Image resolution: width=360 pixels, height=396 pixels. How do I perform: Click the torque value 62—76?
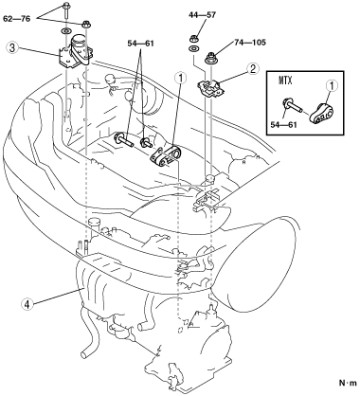(x=17, y=19)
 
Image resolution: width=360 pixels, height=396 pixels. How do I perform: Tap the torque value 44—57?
(x=203, y=15)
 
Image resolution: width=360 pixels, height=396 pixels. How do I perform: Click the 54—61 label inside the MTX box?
(x=283, y=124)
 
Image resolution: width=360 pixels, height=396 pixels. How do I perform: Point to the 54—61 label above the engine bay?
(x=140, y=44)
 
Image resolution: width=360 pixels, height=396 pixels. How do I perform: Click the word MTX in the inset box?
(x=285, y=81)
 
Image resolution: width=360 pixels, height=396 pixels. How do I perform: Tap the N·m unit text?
(x=348, y=383)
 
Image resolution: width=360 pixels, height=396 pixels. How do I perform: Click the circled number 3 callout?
(x=11, y=48)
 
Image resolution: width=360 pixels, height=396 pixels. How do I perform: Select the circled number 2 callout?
(x=253, y=68)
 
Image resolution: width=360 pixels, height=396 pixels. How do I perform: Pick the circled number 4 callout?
(x=27, y=304)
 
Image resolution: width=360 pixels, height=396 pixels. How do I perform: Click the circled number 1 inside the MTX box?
(x=332, y=85)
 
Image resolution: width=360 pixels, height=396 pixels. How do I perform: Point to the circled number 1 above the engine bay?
(x=181, y=79)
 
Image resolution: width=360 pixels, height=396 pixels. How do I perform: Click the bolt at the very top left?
(x=66, y=10)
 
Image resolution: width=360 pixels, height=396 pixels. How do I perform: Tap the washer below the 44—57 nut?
(x=192, y=48)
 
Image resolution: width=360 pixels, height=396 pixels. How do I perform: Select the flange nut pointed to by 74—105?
(x=210, y=58)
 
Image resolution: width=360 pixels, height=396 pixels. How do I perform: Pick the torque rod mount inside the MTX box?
(x=321, y=114)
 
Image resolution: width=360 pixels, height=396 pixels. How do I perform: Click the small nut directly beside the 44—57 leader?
(x=193, y=39)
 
